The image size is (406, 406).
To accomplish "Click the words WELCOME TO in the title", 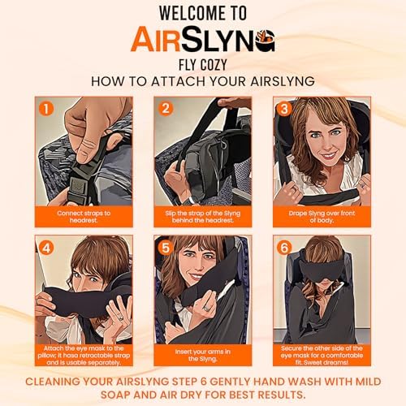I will (x=203, y=14).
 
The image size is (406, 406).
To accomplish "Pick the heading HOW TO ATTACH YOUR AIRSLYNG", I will (x=203, y=81).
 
